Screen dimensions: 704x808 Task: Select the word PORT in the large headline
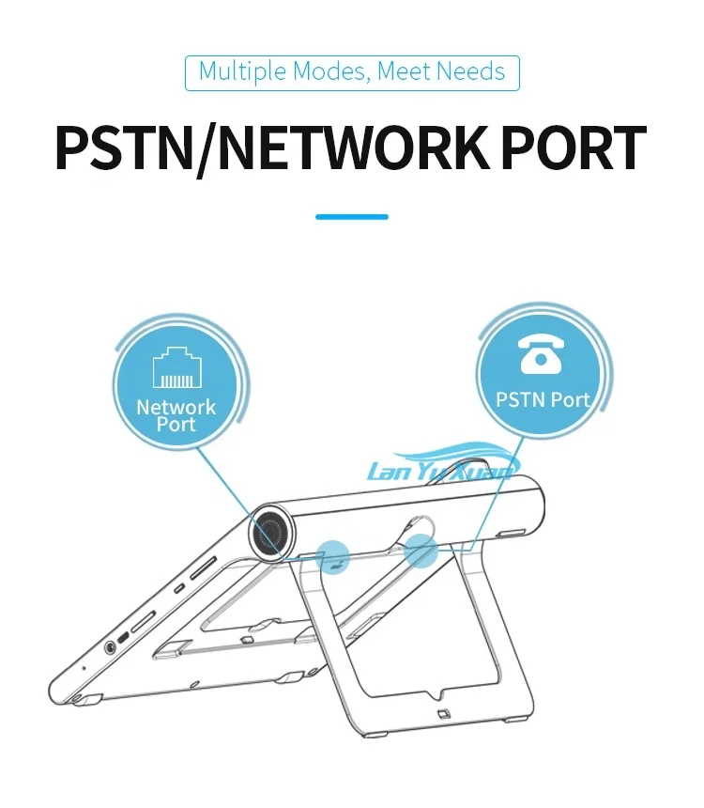[x=576, y=147]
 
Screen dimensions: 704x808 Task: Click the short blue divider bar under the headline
[x=352, y=217]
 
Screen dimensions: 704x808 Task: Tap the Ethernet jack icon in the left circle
[x=177, y=368]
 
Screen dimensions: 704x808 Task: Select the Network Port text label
[x=176, y=415]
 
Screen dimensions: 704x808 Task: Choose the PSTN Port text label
[x=543, y=400]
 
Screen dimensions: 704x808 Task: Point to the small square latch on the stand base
[x=442, y=717]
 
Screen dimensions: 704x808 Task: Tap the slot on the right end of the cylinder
[x=513, y=533]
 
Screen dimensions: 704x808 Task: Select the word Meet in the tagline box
[x=406, y=72]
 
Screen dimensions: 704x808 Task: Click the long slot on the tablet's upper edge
[x=203, y=571]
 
